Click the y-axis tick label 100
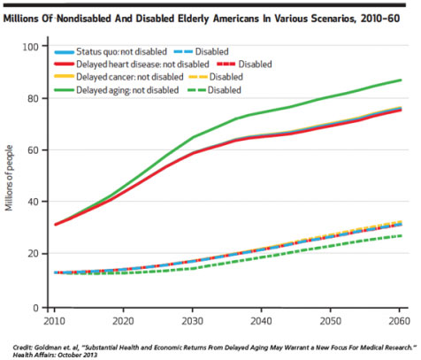point(31,47)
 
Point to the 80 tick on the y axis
point(33,98)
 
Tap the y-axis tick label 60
point(33,150)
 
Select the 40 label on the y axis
point(33,202)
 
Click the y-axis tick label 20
point(33,254)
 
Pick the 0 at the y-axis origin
point(36,308)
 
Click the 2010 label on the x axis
point(54,321)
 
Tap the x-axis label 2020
point(123,321)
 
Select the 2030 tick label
point(192,321)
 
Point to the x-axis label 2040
point(261,321)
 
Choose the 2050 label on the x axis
point(330,321)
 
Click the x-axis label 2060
point(399,321)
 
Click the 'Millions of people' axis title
point(9,178)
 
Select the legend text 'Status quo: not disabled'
point(121,51)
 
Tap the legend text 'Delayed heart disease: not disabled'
point(142,65)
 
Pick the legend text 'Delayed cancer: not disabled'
point(130,77)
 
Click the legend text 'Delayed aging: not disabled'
point(127,90)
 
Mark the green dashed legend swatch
point(196,90)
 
